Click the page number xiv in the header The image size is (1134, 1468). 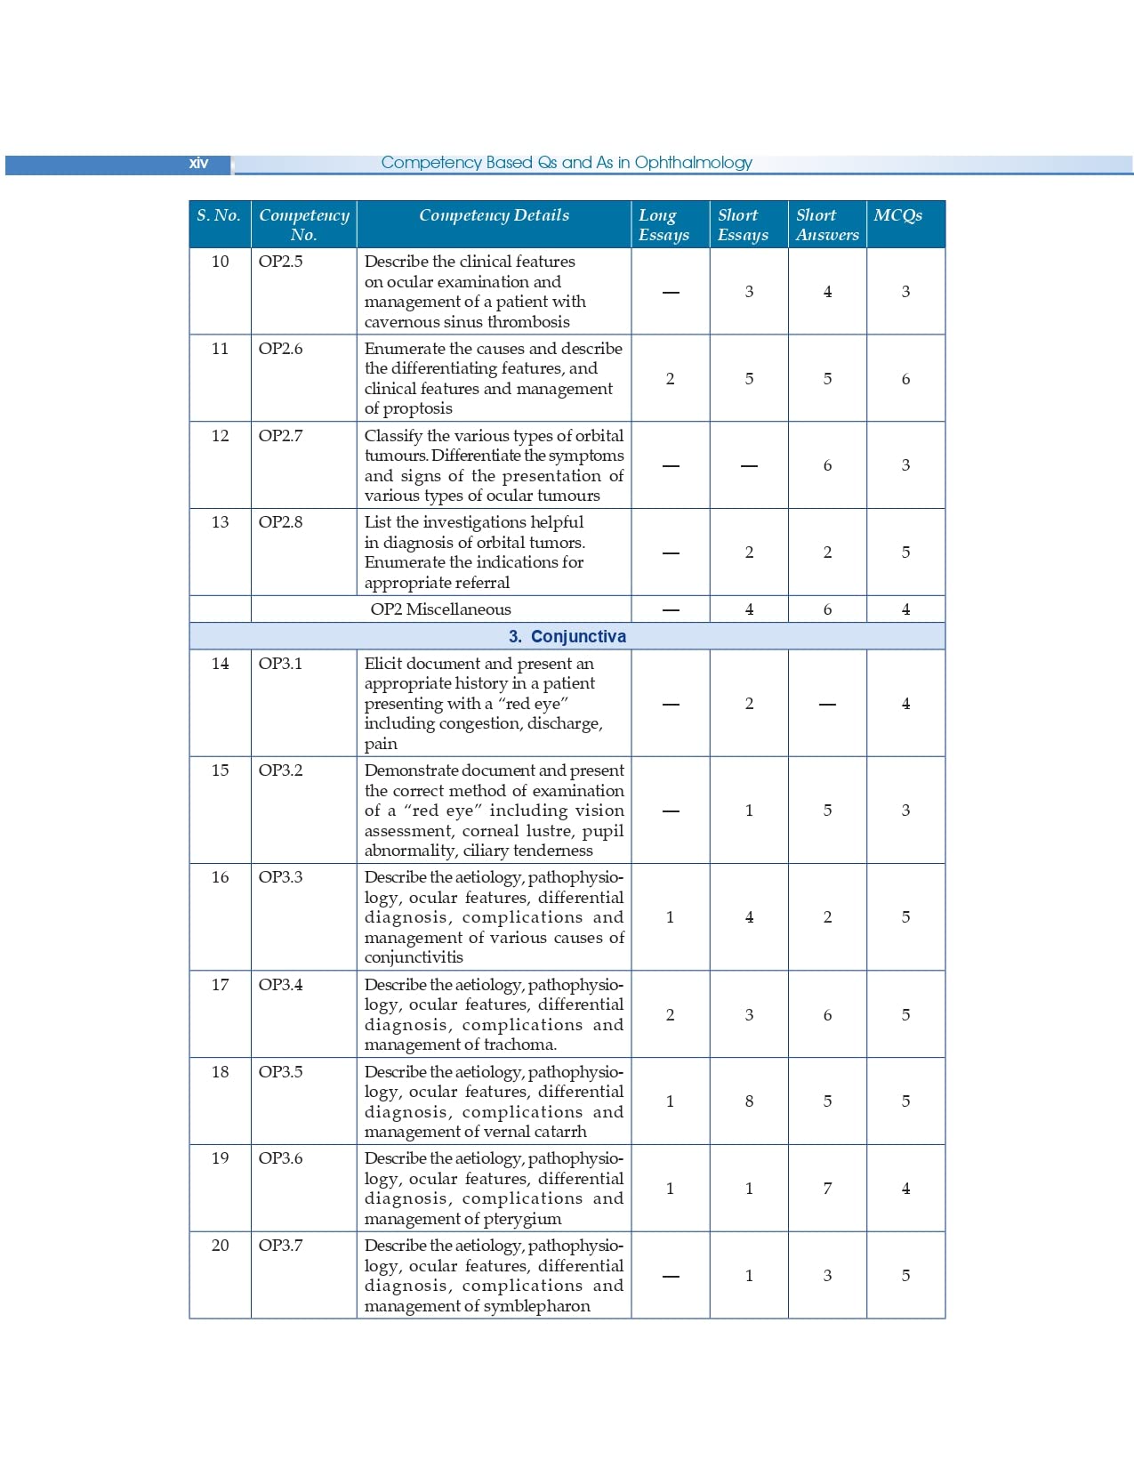(x=198, y=163)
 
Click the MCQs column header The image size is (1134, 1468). (x=897, y=215)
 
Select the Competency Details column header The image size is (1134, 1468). (x=494, y=215)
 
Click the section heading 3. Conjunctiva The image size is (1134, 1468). (x=567, y=636)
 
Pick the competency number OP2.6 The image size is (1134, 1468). (x=280, y=349)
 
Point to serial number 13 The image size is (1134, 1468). (x=220, y=522)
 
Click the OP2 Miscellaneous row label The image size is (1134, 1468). (x=440, y=609)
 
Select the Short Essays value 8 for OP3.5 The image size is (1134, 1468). (x=749, y=1101)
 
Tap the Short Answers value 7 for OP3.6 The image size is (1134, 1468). (x=827, y=1189)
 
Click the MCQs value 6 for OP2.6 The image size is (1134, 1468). (x=905, y=379)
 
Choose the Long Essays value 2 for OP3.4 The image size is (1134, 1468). (x=670, y=1015)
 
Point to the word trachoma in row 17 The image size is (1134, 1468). (x=520, y=1045)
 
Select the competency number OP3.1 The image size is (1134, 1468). (x=280, y=664)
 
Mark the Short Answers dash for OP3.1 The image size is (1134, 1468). (x=827, y=705)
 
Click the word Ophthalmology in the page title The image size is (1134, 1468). (x=693, y=163)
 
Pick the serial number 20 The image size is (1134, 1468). (x=220, y=1246)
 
